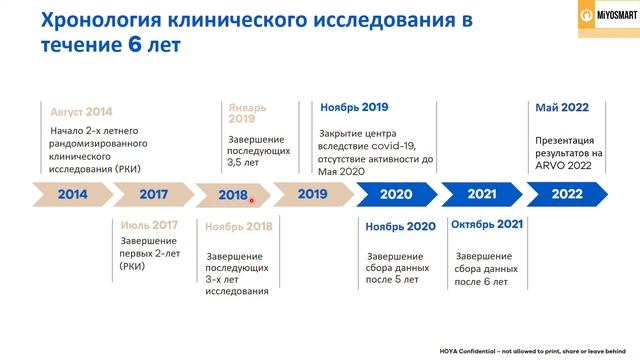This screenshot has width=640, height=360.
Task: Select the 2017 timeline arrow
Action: point(153,194)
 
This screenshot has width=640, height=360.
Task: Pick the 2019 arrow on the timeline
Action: point(312,194)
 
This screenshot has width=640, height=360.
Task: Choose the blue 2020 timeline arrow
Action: point(396,194)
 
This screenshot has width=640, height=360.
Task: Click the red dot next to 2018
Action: point(253,198)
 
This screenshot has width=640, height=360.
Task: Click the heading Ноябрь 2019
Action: point(354,107)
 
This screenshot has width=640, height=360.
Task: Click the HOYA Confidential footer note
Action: point(533,351)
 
